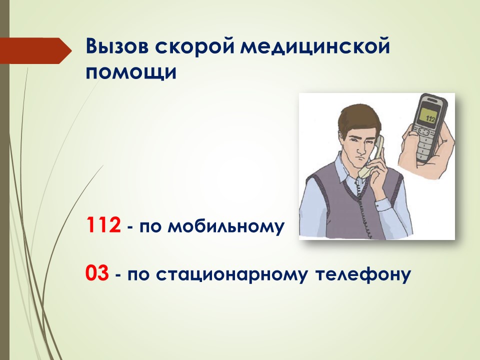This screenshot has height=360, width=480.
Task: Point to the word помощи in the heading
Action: point(131,73)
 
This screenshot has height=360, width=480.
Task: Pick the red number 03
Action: point(97,273)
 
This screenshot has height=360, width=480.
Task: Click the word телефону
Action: point(363,274)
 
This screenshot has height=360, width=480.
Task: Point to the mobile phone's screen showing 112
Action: point(427,116)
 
